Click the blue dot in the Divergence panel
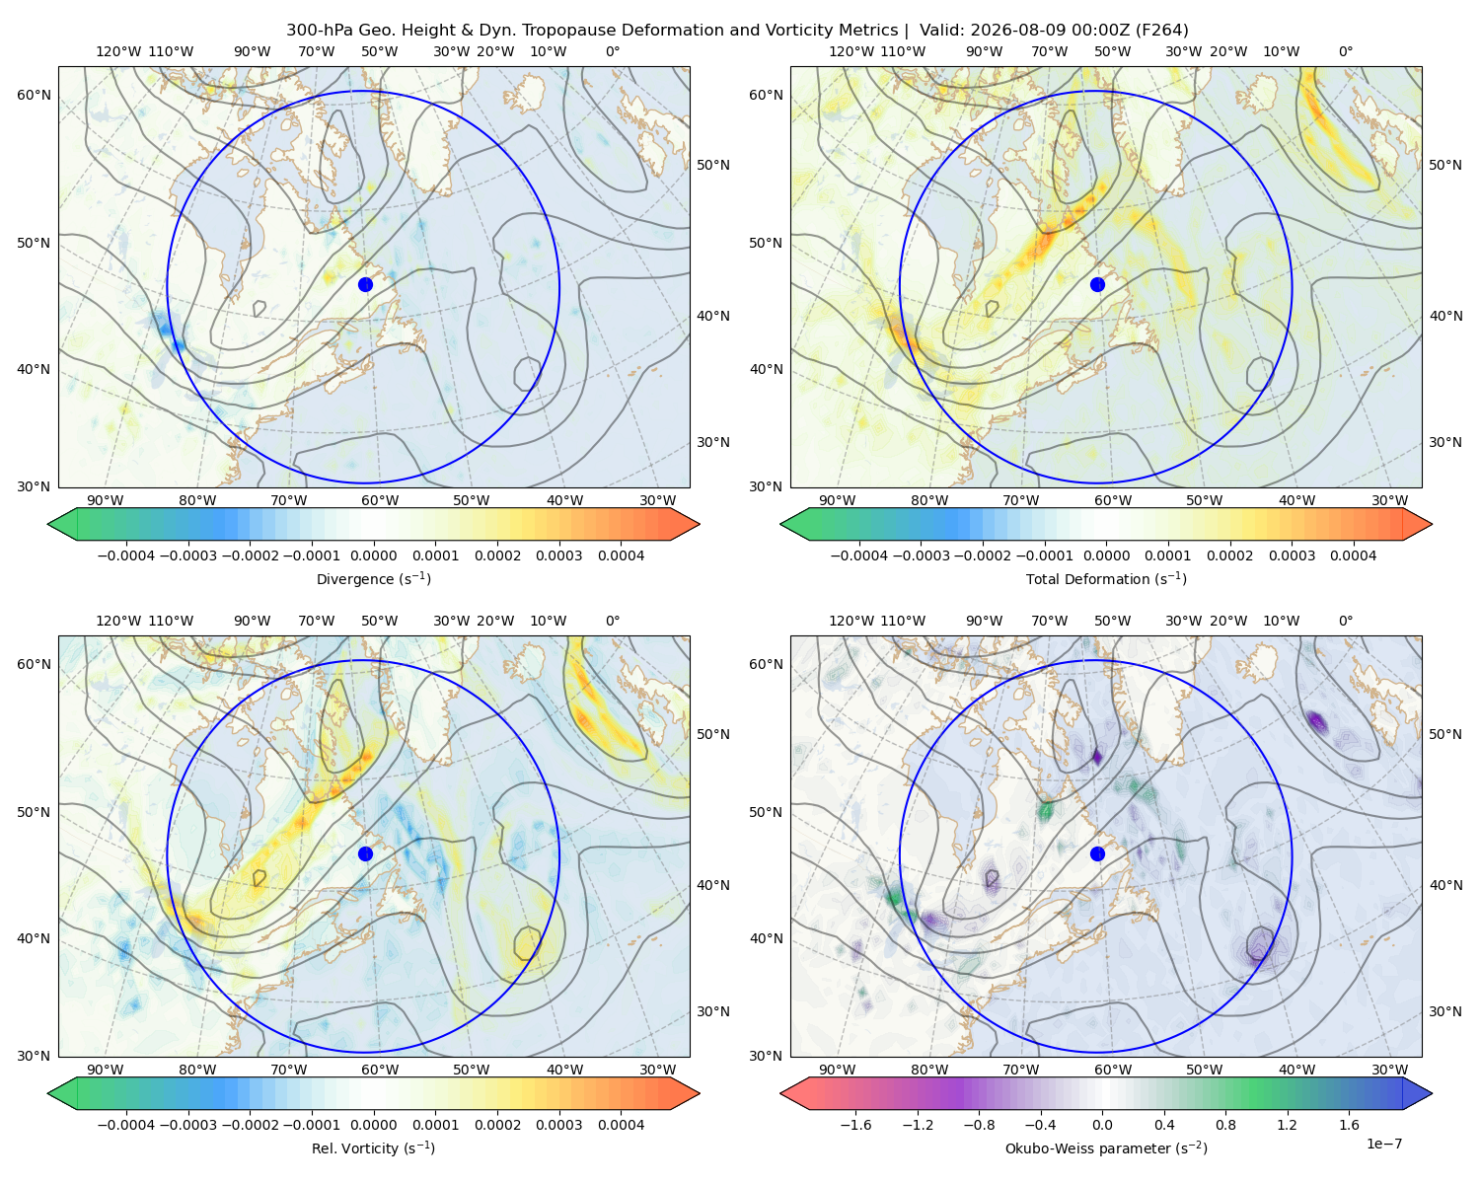coord(365,284)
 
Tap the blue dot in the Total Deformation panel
coord(1097,284)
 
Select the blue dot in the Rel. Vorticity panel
coord(365,853)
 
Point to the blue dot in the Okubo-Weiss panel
coord(1097,853)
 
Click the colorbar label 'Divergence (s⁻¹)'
coord(373,578)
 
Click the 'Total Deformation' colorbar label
coord(1088,578)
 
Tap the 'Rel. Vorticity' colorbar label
coord(357,1147)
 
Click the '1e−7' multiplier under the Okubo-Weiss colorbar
coord(1383,1144)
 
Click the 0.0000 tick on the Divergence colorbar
coord(373,555)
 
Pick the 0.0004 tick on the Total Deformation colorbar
coord(1353,555)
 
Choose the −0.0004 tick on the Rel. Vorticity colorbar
coord(126,1124)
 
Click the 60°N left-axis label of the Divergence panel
coord(34,95)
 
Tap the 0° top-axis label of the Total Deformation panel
coord(1345,51)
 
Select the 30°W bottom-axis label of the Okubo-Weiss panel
coord(1389,1070)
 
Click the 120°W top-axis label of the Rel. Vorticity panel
coord(118,620)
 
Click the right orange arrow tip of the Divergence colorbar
coord(699,524)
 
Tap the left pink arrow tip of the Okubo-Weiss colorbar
coord(781,1093)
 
